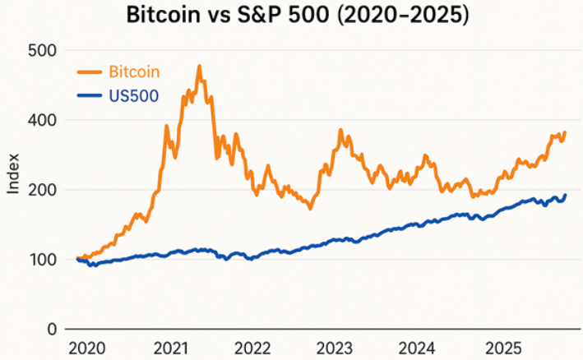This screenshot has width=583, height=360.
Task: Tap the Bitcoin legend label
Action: tap(134, 72)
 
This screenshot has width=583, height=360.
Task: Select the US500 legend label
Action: tap(133, 96)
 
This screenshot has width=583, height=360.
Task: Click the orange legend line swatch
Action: tap(90, 72)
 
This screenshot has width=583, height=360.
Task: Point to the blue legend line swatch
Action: tap(90, 96)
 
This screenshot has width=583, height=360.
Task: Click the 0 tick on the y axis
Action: tap(51, 330)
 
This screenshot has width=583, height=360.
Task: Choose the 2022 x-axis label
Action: tap(253, 348)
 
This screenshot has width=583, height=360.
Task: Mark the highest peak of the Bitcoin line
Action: tap(200, 67)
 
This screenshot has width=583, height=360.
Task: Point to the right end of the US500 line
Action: tap(566, 195)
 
